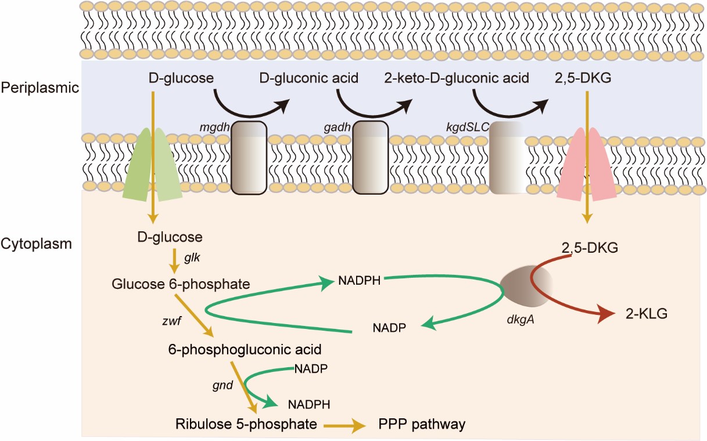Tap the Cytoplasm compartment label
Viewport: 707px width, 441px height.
(x=36, y=243)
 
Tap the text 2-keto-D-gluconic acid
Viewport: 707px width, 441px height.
(x=457, y=78)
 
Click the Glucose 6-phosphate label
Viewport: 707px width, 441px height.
(x=181, y=284)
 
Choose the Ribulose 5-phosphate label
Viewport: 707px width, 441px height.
(x=246, y=424)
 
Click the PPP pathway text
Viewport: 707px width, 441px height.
(x=422, y=424)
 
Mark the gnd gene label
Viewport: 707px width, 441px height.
(x=222, y=384)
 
